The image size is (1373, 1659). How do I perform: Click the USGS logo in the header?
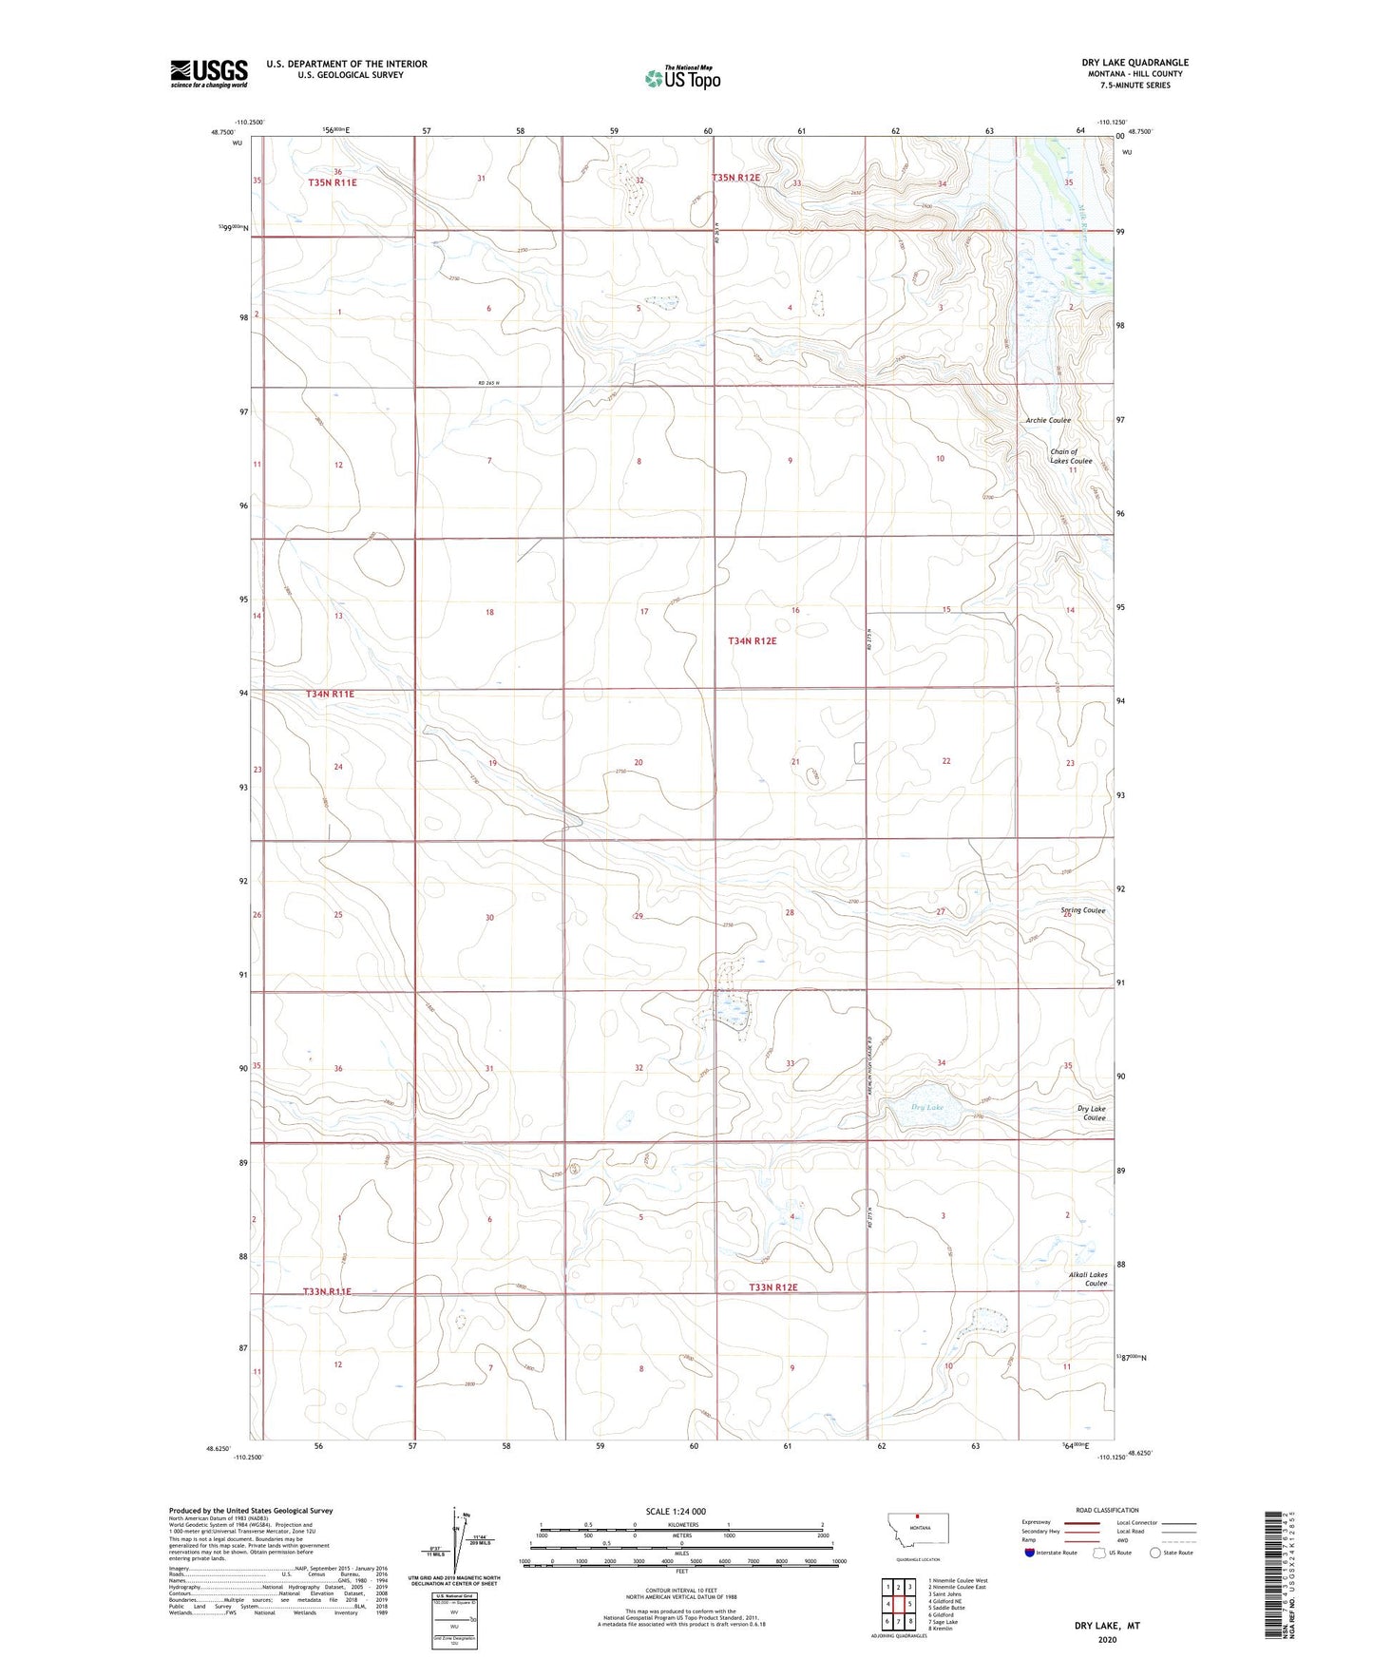pyautogui.click(x=209, y=73)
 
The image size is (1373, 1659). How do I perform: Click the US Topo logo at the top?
pyautogui.click(x=682, y=78)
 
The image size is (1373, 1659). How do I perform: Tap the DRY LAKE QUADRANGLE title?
pyautogui.click(x=1135, y=63)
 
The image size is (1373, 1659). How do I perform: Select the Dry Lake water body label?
pyautogui.click(x=927, y=1108)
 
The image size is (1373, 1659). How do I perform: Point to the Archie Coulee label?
pyautogui.click(x=1047, y=420)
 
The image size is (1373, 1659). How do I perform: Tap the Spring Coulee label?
pyautogui.click(x=1082, y=910)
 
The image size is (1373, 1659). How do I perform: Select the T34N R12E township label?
pyautogui.click(x=752, y=641)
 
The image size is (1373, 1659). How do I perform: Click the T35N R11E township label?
pyautogui.click(x=332, y=182)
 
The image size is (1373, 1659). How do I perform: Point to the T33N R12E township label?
pyautogui.click(x=772, y=1287)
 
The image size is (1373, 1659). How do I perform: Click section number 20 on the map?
pyautogui.click(x=639, y=763)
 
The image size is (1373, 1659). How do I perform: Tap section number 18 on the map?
pyautogui.click(x=489, y=612)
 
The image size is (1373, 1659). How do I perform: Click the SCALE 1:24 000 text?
pyautogui.click(x=676, y=1511)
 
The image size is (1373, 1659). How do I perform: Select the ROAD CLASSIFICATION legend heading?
pyautogui.click(x=1107, y=1510)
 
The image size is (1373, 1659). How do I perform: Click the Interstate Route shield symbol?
pyautogui.click(x=1030, y=1553)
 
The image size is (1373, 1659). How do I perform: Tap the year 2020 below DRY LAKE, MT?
pyautogui.click(x=1106, y=1639)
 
